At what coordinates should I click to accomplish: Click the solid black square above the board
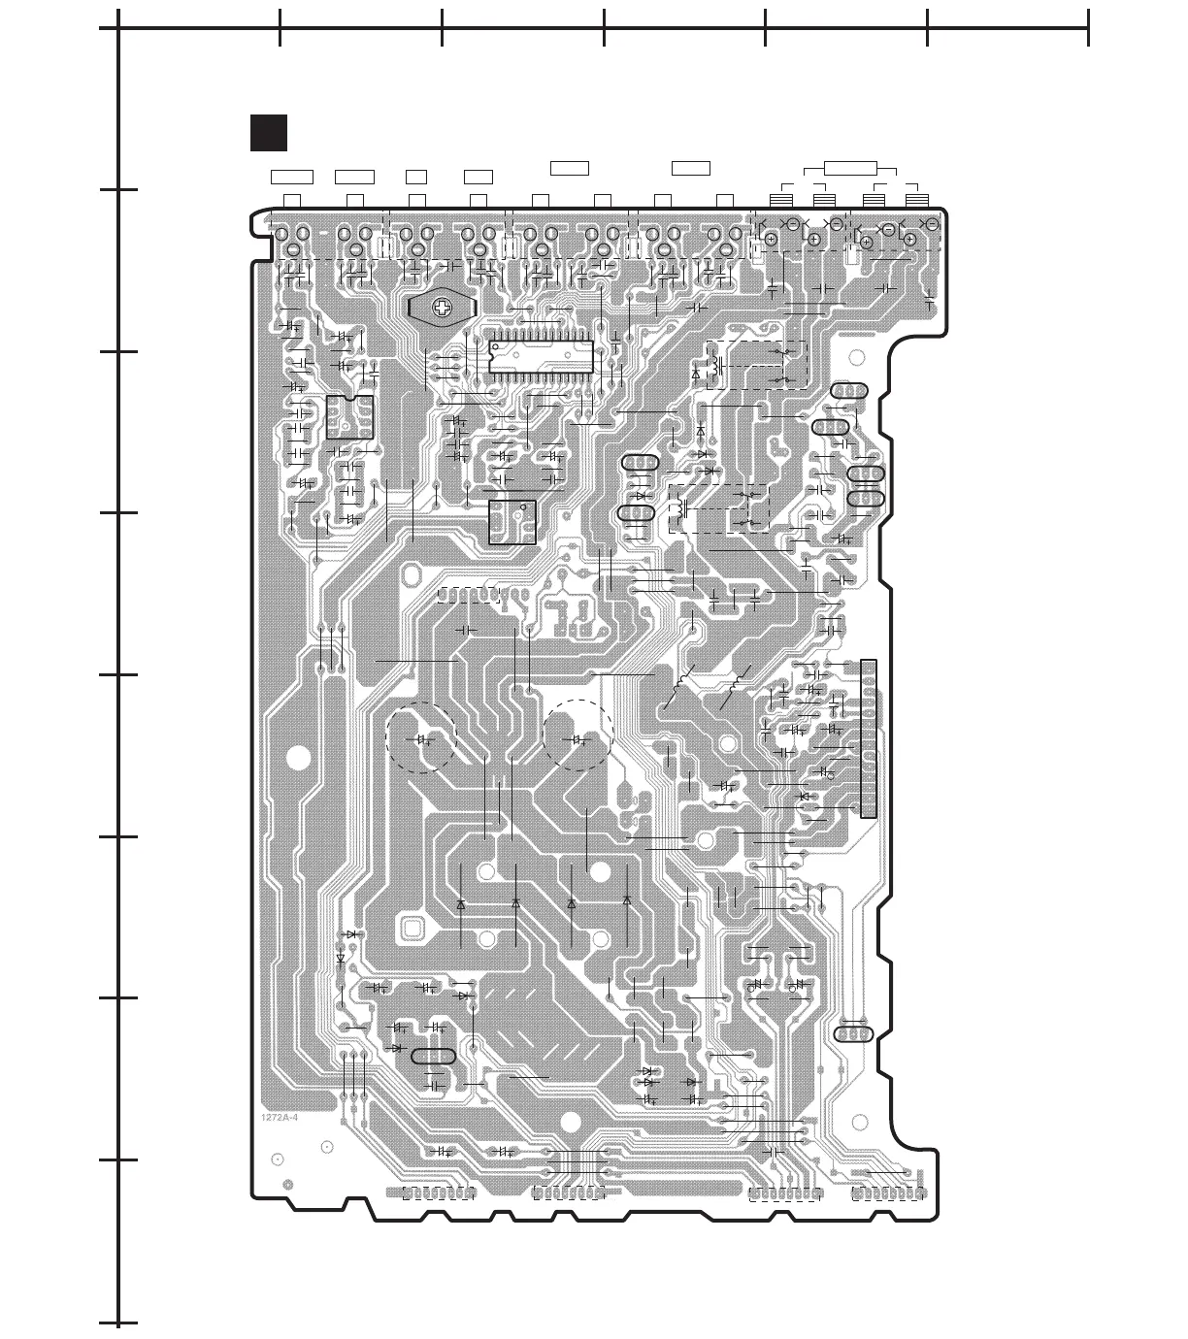(x=268, y=133)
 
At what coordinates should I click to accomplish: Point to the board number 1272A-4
(x=280, y=1119)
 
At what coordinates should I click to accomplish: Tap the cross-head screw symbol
(x=443, y=309)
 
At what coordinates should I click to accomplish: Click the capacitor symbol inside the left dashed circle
(x=422, y=739)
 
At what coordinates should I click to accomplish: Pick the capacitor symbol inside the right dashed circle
(x=578, y=740)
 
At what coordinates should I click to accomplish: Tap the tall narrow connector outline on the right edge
(x=868, y=737)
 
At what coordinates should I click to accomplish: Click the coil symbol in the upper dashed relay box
(x=717, y=368)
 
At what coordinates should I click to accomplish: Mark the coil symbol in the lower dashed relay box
(x=681, y=508)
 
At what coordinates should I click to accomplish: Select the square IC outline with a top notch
(x=350, y=417)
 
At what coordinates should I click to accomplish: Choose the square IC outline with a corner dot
(x=511, y=521)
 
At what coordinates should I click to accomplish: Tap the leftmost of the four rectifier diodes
(x=460, y=903)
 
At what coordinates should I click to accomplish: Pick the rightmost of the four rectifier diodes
(x=627, y=900)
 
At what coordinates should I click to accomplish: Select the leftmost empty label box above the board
(x=291, y=177)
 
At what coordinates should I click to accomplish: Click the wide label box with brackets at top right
(x=851, y=168)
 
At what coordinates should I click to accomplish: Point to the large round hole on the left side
(x=299, y=758)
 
